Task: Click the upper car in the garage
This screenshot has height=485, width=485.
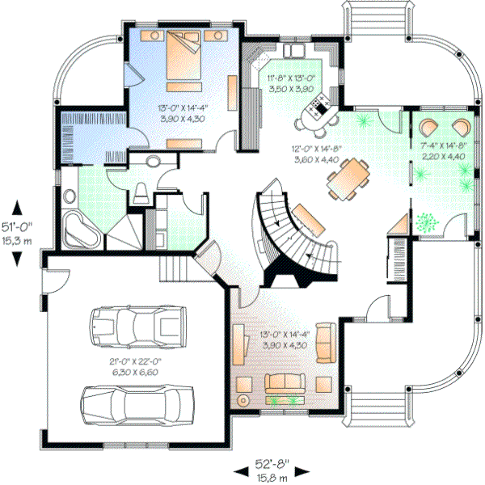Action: (135, 325)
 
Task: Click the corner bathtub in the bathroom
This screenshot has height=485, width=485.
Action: (80, 230)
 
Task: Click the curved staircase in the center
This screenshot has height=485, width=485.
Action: (291, 234)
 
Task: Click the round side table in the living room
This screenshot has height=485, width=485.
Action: (242, 400)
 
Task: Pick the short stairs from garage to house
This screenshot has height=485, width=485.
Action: (175, 266)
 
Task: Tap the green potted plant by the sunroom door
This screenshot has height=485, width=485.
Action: (425, 220)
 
